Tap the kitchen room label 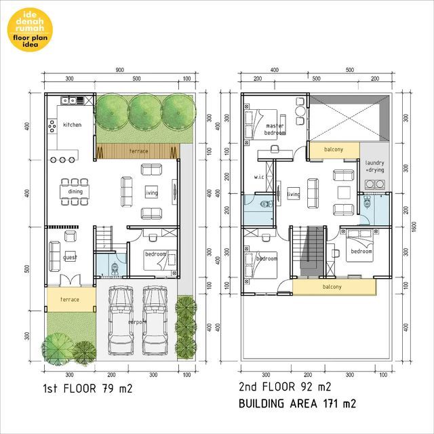click(72, 125)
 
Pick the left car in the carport click(120, 320)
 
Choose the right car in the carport click(155, 320)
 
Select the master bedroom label click(275, 130)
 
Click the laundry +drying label click(374, 167)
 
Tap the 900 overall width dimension click(119, 70)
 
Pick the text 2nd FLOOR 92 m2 click(285, 388)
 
